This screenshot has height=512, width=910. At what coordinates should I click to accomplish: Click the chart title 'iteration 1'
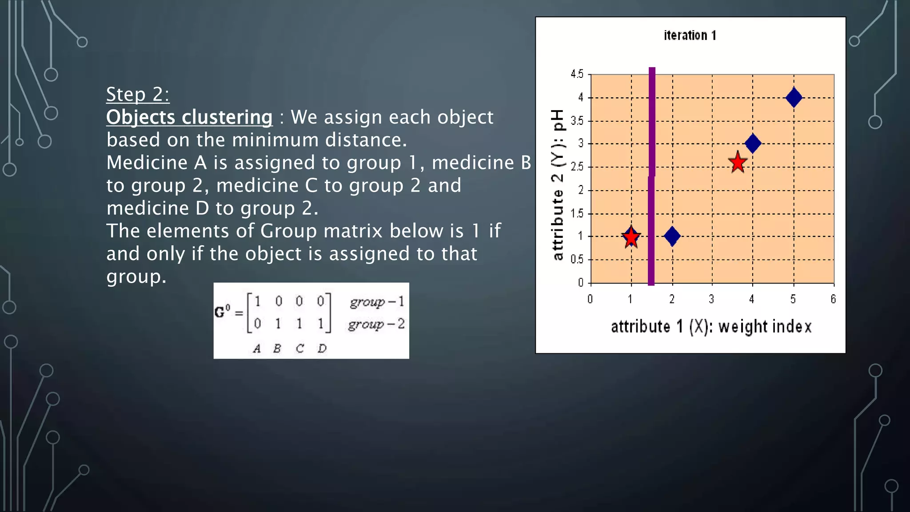click(x=690, y=36)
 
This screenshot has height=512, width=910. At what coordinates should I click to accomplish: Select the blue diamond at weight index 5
click(x=794, y=98)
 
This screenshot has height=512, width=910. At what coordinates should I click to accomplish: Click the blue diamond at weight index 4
click(x=753, y=144)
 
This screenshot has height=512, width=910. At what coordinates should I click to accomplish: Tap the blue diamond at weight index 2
click(x=672, y=236)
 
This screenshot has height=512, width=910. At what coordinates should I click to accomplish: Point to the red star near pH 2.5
click(x=738, y=163)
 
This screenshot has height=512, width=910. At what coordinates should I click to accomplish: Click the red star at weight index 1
click(x=631, y=237)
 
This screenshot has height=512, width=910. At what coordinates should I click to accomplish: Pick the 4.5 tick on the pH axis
click(x=577, y=74)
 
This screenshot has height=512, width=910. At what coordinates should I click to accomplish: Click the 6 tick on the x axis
click(x=833, y=299)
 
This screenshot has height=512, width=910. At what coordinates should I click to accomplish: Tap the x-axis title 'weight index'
click(x=765, y=327)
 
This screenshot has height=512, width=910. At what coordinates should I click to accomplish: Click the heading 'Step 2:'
click(x=138, y=94)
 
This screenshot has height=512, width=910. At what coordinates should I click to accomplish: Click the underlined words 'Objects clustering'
click(x=189, y=117)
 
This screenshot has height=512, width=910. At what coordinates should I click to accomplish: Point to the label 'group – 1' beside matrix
click(x=377, y=302)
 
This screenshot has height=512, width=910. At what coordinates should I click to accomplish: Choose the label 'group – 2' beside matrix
click(x=376, y=324)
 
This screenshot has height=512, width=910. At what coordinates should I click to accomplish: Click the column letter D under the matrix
click(x=322, y=349)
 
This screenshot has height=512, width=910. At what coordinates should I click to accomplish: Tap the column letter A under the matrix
click(x=257, y=349)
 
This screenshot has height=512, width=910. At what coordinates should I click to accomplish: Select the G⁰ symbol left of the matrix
click(x=222, y=312)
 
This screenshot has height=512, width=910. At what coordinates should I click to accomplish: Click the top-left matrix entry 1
click(x=257, y=302)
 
